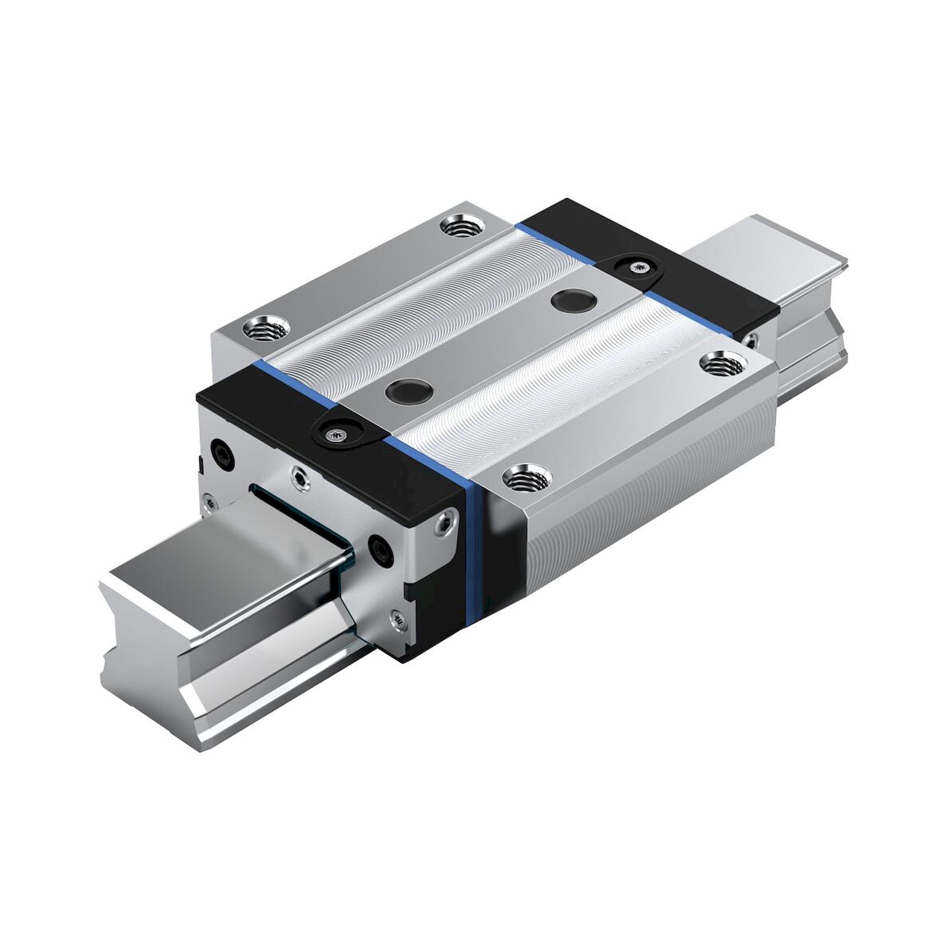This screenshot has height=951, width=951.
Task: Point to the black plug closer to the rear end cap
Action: click(574, 300)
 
